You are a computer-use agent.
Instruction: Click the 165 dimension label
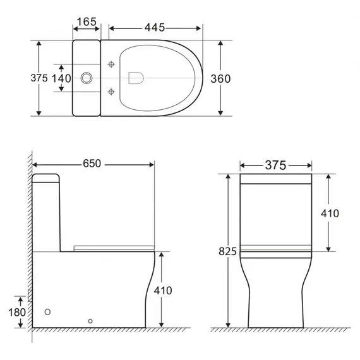tap(87, 22)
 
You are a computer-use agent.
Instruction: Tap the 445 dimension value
tap(155, 28)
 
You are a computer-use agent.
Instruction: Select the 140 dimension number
tap(61, 78)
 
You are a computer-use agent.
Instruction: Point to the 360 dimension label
tap(220, 79)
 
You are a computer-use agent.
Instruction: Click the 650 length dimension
tap(92, 164)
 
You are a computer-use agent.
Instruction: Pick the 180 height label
tap(17, 312)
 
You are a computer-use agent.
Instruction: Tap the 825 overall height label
tap(227, 251)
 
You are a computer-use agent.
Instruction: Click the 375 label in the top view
tap(39, 78)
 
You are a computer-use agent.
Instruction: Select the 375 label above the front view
tap(276, 165)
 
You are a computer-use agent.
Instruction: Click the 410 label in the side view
tap(163, 291)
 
